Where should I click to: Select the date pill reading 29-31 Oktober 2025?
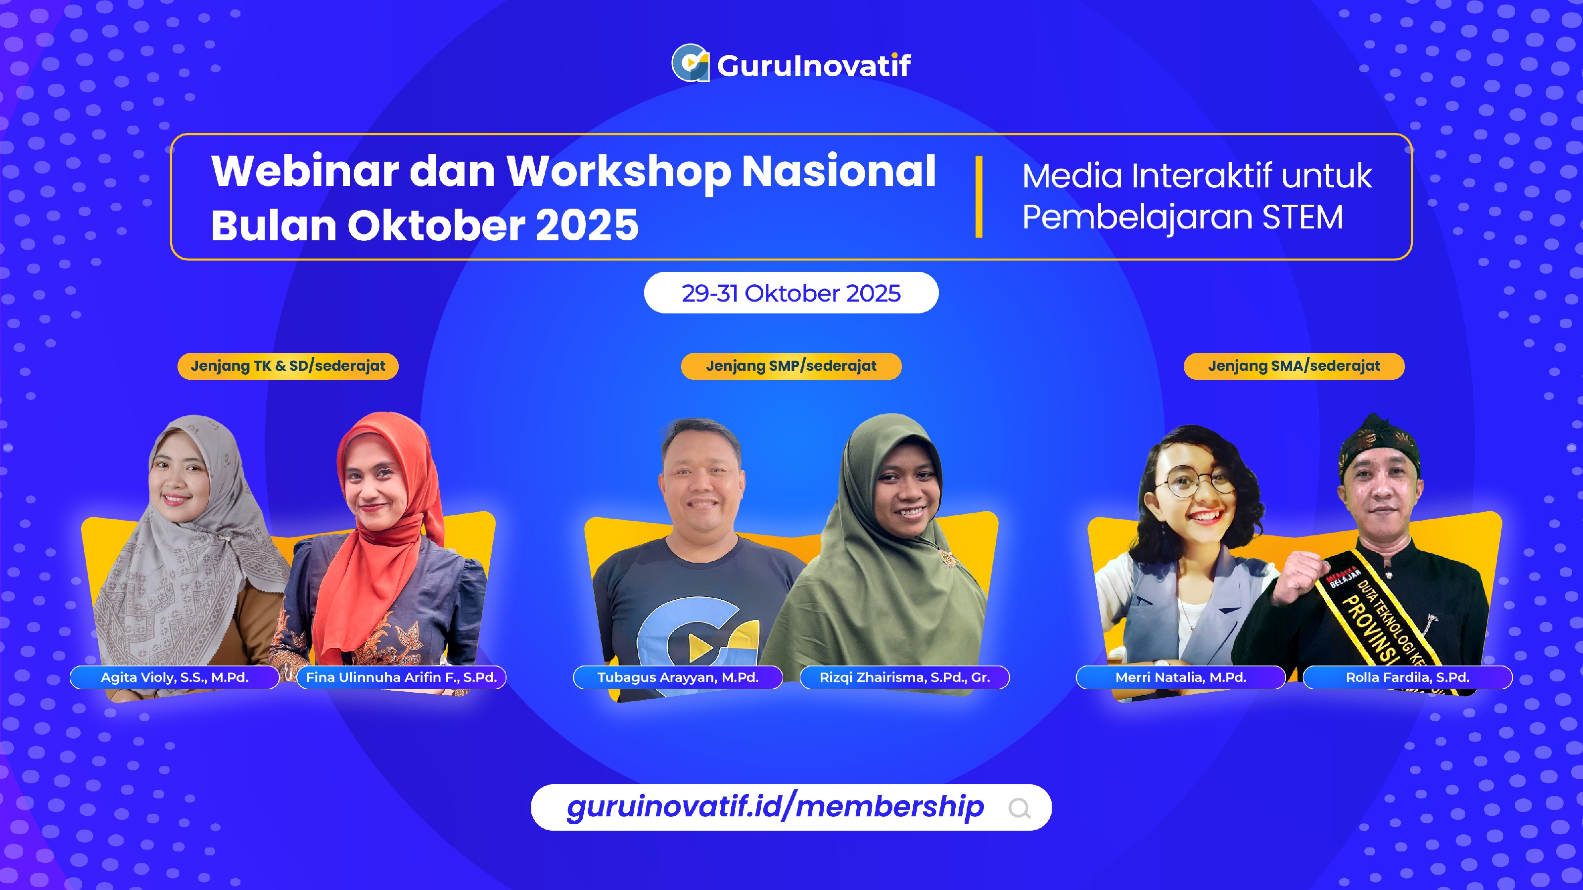coord(791,293)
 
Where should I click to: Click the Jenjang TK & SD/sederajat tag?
coord(287,366)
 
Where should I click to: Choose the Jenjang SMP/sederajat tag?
coord(791,366)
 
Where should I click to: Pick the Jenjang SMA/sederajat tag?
coord(1294,366)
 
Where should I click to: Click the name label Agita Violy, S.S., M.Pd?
coord(175,677)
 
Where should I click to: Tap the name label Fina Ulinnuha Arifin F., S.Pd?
coord(401,677)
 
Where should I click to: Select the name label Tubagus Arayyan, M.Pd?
coord(678,677)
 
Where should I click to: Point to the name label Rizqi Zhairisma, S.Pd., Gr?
coord(905,677)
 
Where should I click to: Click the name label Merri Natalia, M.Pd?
coord(1180,677)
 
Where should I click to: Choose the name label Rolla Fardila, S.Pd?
coord(1407,677)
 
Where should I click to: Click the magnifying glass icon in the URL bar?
coord(1020,808)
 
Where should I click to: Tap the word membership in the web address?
coord(889,807)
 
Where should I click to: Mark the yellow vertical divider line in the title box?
coord(979,197)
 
